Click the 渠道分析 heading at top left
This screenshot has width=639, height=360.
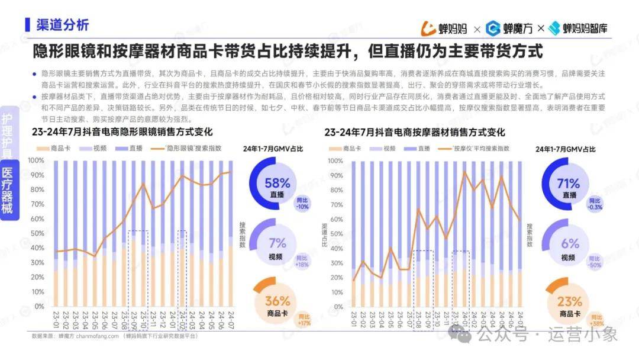tap(62, 25)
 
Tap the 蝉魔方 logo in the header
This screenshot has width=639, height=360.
tap(509, 28)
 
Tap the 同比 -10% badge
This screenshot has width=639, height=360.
tap(303, 203)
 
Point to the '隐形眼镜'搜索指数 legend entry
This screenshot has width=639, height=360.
tap(189, 149)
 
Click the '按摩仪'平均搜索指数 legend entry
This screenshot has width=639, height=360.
tap(479, 149)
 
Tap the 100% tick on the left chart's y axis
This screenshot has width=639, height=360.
tap(37, 160)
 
